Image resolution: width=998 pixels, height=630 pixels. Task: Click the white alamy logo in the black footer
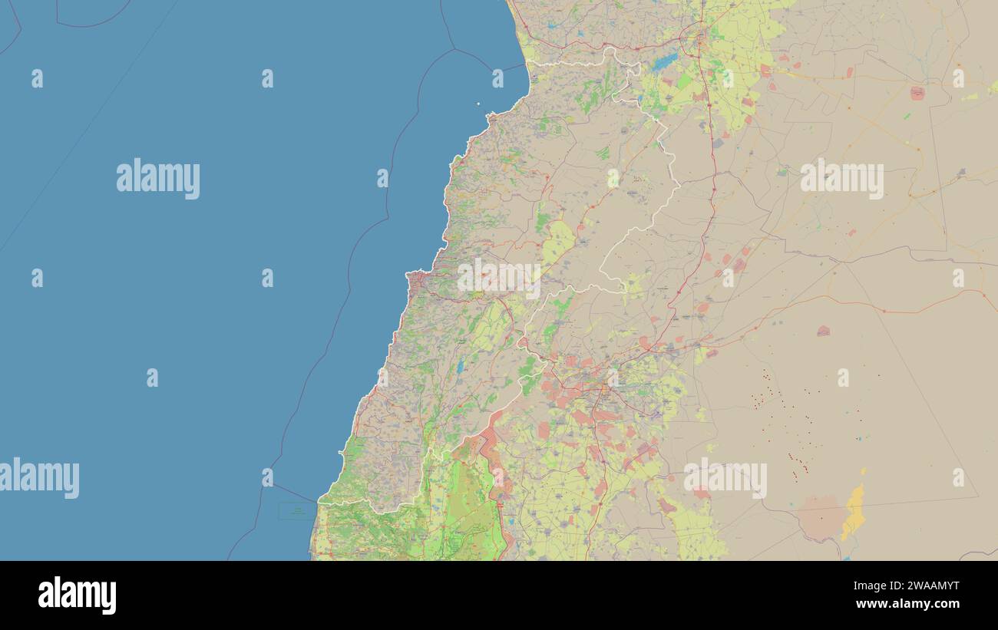78,595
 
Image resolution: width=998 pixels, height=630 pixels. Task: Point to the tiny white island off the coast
478,104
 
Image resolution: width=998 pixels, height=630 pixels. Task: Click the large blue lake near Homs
665,61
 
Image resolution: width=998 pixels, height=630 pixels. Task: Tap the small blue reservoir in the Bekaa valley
460,367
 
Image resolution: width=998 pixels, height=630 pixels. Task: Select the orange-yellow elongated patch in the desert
853,513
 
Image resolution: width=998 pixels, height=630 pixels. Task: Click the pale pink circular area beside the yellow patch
820,516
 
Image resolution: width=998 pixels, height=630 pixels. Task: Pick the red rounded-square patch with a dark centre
917,93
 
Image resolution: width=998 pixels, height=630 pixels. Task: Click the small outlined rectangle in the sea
296,510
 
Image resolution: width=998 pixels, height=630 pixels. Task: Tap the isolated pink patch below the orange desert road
822,331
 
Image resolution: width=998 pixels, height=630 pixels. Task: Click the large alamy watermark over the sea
158,179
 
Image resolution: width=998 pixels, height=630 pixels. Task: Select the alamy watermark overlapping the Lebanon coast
499,277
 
